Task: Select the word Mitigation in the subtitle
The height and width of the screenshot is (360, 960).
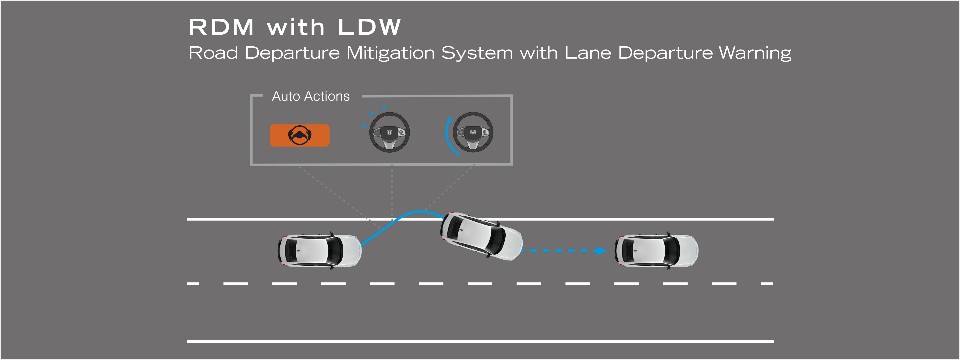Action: [x=391, y=53]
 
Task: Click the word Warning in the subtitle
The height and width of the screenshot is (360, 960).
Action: [x=755, y=53]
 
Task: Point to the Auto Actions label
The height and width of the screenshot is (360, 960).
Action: [x=311, y=96]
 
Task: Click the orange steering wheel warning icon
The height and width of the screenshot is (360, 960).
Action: [x=300, y=135]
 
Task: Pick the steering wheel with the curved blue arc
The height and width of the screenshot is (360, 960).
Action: [x=473, y=132]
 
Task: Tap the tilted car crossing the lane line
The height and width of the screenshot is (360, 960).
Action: [x=481, y=236]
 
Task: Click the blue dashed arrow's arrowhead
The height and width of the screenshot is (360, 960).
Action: [x=601, y=250]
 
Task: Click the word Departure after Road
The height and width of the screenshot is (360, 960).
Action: [x=292, y=53]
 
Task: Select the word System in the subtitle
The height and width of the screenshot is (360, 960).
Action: [x=477, y=53]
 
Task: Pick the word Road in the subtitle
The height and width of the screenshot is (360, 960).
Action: [x=213, y=53]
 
